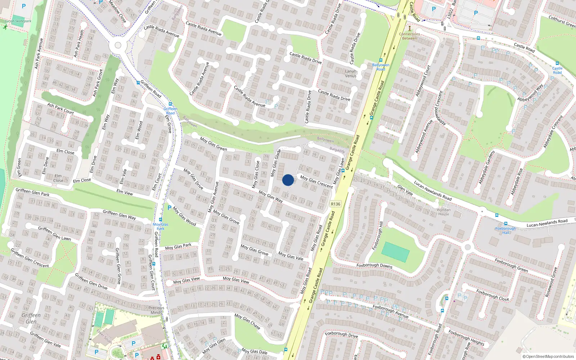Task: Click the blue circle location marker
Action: [x=288, y=180]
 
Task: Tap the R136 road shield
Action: [x=336, y=204]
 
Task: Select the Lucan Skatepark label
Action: [x=18, y=21]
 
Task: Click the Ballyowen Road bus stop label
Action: [x=381, y=67]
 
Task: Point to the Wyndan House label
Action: [x=444, y=212]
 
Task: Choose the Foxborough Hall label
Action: [x=505, y=230]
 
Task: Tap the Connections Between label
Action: [x=409, y=36]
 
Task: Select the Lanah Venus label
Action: [x=351, y=73]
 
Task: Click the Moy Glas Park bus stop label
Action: [x=161, y=226]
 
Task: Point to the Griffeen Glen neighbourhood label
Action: [x=31, y=318]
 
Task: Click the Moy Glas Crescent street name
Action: [x=316, y=182]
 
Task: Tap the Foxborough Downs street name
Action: [x=374, y=265]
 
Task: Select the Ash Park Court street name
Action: [x=60, y=109]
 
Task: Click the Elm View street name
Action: [x=125, y=193]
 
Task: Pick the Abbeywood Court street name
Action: [x=423, y=81]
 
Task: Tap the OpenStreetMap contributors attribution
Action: [x=548, y=356]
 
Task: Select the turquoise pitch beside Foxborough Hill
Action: [x=395, y=252]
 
